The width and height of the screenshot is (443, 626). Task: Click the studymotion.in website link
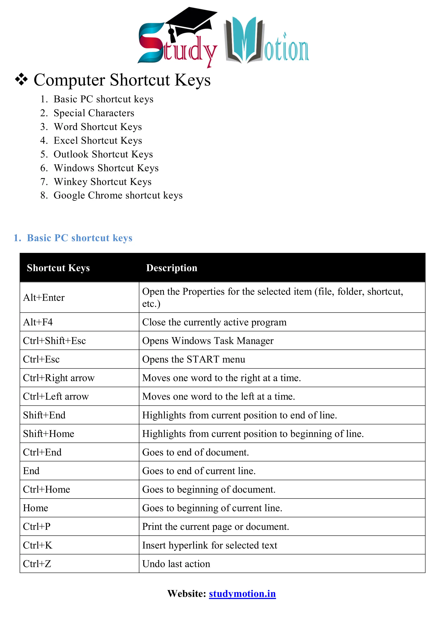242,594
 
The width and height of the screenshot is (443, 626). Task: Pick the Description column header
172,268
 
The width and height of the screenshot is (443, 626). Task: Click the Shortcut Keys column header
58,268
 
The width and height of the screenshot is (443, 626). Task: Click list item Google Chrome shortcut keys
118,195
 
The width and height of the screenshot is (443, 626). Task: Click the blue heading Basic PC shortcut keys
79,238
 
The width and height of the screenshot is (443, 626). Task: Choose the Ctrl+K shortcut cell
38,545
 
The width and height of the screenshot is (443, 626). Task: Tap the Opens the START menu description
193,359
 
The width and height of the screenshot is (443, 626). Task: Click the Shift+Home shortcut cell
48,434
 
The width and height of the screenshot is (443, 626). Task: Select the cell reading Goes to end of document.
195,452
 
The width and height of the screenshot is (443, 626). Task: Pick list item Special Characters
94,113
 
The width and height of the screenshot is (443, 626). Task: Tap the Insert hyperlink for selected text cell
210,545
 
